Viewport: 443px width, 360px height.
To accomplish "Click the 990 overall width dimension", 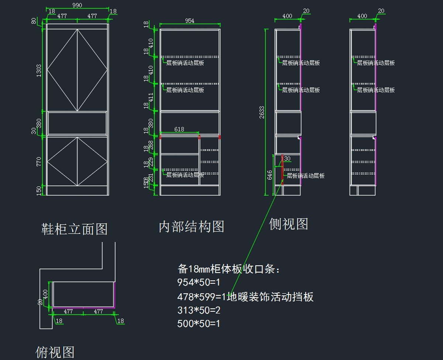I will coord(77,5).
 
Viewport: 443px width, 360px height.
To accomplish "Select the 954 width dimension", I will coord(190,21).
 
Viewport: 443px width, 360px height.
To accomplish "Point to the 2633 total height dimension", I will coord(262,112).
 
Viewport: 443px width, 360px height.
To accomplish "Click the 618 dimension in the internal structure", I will coord(179,129).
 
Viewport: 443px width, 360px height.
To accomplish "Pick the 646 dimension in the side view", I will coord(270,175).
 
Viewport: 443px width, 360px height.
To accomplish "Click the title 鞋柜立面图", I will coord(75,229).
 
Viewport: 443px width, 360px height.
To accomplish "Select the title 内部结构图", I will coord(191,226).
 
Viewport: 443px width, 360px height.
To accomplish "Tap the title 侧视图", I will coord(288,223).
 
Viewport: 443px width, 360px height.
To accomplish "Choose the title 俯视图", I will coord(55,352).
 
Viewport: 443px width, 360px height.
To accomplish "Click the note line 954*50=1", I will coord(199,282).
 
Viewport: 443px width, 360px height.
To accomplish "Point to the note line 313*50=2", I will coord(199,310).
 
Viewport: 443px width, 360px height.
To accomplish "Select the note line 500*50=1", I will coord(199,324).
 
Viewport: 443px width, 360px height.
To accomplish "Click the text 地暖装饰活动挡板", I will coord(270,296).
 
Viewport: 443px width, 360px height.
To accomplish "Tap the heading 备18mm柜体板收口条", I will coord(229,269).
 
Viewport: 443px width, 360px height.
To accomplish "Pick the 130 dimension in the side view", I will coord(286,159).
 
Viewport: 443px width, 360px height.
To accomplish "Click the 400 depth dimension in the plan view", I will coord(45,294).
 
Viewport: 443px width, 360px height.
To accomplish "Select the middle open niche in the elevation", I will coord(77,123).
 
